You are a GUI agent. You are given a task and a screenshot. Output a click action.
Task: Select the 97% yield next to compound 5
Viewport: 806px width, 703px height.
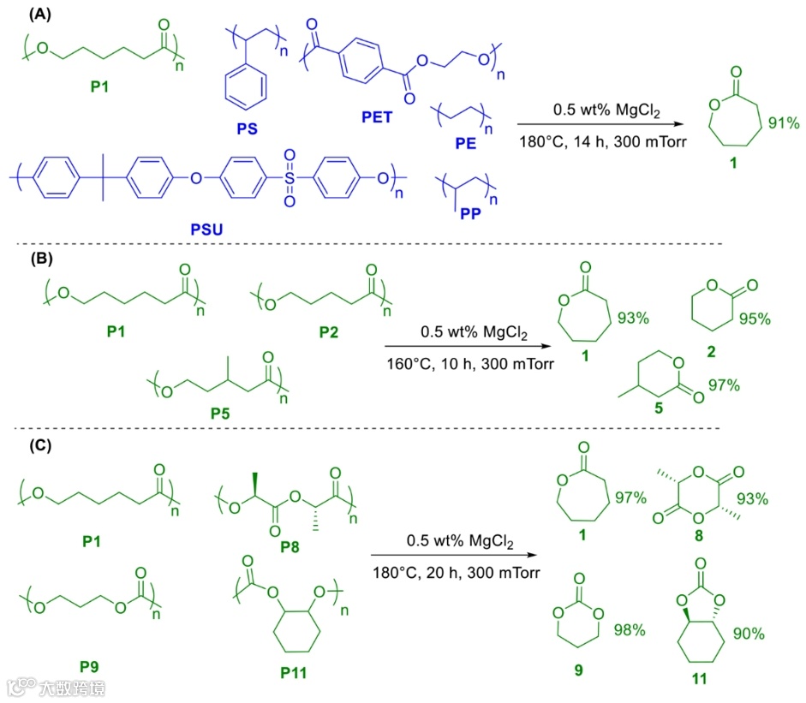pyautogui.click(x=723, y=385)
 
